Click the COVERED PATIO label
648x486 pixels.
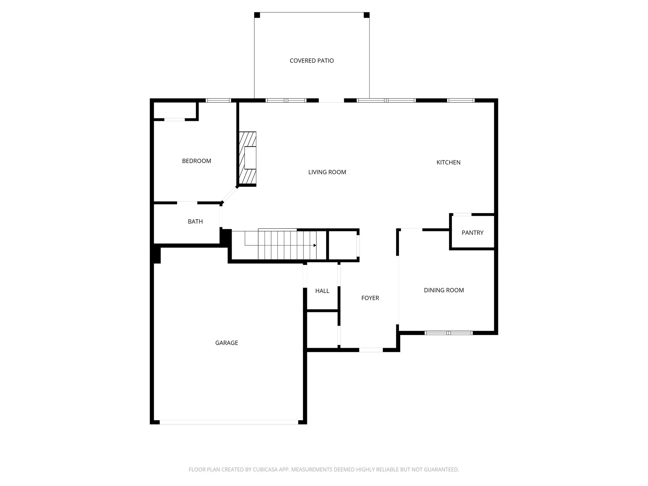312,61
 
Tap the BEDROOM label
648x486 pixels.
196,161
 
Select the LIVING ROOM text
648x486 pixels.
327,172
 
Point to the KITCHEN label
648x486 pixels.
448,162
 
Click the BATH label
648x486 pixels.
195,221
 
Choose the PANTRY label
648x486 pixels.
472,233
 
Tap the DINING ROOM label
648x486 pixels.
444,290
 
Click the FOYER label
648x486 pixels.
370,298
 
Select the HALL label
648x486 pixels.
322,291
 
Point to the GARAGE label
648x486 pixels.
227,343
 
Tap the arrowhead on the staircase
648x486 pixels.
315,245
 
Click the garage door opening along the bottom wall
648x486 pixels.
229,422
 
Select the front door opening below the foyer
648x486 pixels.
371,350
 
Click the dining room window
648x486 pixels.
448,333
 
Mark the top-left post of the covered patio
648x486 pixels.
257,15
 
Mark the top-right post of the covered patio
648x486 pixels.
366,15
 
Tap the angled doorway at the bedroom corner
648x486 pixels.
229,195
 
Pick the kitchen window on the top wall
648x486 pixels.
461,101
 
